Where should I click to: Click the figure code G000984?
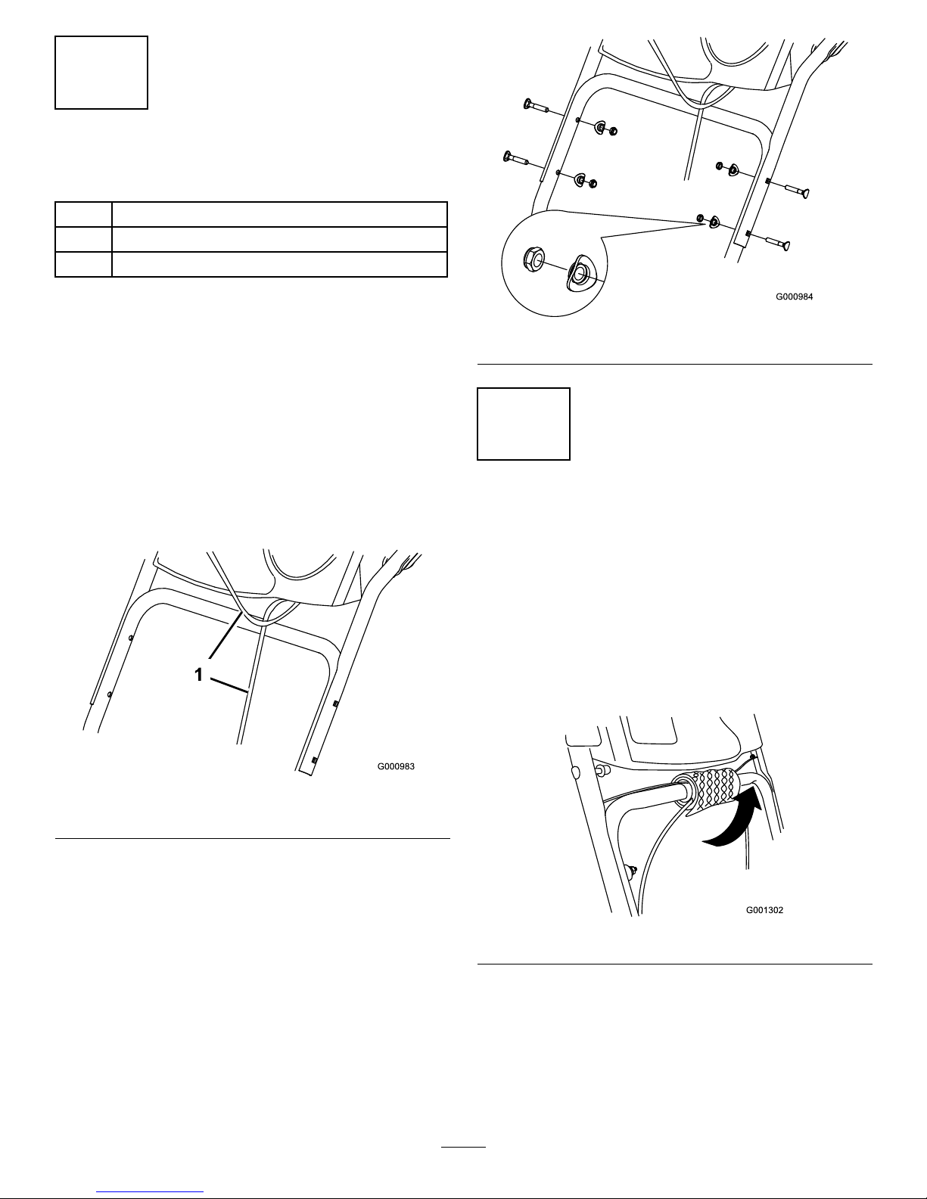tap(794, 297)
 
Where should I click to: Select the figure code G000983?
tap(396, 766)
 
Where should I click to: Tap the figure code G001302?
tap(764, 910)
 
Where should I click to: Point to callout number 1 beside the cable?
tap(198, 674)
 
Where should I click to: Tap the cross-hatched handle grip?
tap(714, 788)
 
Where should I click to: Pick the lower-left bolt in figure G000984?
tap(516, 159)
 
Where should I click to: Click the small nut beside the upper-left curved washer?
tap(612, 132)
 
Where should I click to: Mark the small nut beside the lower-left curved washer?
tap(593, 183)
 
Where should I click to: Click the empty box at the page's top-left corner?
tap(101, 73)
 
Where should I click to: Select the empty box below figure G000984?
tap(524, 424)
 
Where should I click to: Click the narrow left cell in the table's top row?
tap(83, 214)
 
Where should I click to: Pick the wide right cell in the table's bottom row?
tap(279, 264)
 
